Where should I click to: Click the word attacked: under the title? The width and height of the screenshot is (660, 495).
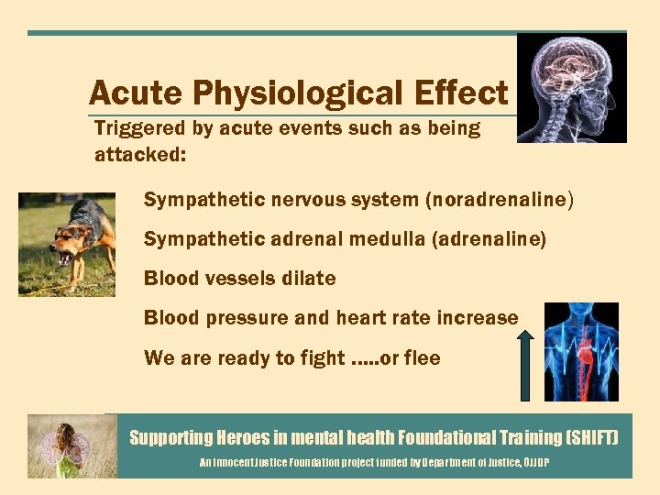point(140,155)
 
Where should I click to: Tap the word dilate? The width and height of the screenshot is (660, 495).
point(305,278)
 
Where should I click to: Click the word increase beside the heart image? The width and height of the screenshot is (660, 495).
point(481,318)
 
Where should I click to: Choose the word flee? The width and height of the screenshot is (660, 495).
point(423,357)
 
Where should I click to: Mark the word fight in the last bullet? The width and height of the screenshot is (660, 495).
point(324,357)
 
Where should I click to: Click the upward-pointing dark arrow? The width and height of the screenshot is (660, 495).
point(526,367)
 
